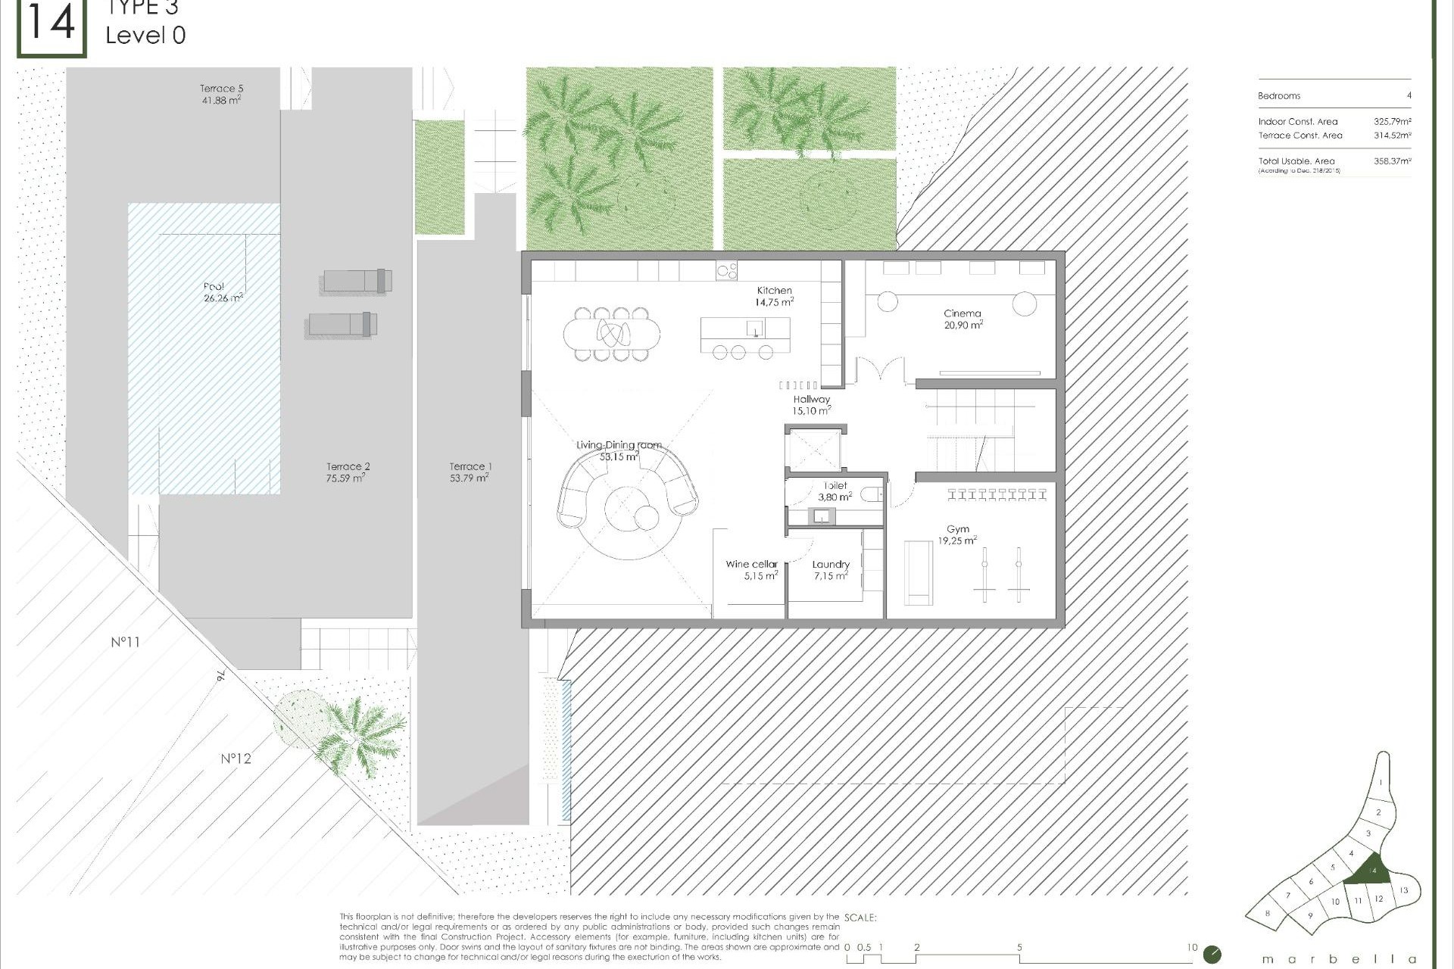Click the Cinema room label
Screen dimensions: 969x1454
(x=962, y=313)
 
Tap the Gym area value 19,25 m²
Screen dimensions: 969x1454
(x=957, y=541)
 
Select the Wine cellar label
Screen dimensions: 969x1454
(x=751, y=564)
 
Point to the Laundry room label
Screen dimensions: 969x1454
(x=831, y=564)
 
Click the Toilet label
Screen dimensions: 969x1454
(x=835, y=486)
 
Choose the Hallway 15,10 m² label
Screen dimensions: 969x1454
(x=811, y=405)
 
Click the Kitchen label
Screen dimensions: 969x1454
(x=774, y=290)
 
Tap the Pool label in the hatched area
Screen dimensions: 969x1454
(x=214, y=286)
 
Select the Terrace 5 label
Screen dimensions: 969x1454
(x=221, y=89)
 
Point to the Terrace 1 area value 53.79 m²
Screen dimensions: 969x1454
(x=469, y=478)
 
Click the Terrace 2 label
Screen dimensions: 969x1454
(x=348, y=466)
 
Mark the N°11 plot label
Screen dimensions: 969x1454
(x=126, y=642)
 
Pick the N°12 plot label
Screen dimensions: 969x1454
(x=236, y=759)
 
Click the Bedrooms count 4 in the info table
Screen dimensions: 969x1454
(x=1409, y=96)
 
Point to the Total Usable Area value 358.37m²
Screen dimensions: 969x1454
(x=1392, y=161)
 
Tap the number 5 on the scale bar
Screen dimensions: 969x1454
(x=1019, y=948)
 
